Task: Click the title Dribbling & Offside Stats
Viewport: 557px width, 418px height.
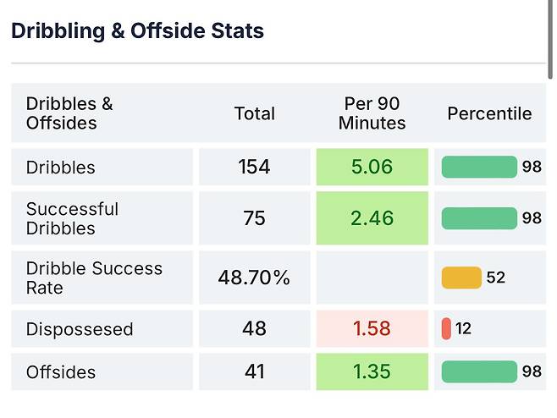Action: tap(137, 31)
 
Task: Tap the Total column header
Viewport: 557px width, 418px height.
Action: tap(254, 113)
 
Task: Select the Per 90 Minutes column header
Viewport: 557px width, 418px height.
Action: tap(372, 113)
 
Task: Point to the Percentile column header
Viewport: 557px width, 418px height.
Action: tap(489, 113)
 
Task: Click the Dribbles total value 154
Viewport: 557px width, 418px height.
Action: tap(254, 167)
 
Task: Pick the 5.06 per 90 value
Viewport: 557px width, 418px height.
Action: tap(372, 167)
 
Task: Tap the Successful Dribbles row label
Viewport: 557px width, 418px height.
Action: tap(73, 218)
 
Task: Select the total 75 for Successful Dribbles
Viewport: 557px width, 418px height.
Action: tap(254, 218)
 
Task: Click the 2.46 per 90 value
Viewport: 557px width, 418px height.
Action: tap(372, 218)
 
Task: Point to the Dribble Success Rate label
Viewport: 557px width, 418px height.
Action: tap(94, 278)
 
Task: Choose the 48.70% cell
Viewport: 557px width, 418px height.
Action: tap(254, 278)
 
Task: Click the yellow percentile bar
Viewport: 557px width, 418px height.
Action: tap(461, 278)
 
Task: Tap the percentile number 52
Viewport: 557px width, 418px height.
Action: tap(496, 278)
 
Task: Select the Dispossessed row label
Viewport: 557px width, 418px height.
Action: tap(80, 329)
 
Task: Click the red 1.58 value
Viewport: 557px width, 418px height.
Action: tap(372, 328)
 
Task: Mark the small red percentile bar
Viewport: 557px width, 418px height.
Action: tap(446, 328)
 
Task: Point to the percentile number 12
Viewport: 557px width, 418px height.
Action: tap(464, 328)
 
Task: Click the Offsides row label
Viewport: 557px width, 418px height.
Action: tap(61, 372)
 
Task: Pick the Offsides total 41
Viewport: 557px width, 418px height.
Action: tap(254, 371)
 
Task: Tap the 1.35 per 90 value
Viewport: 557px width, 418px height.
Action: tap(372, 371)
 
